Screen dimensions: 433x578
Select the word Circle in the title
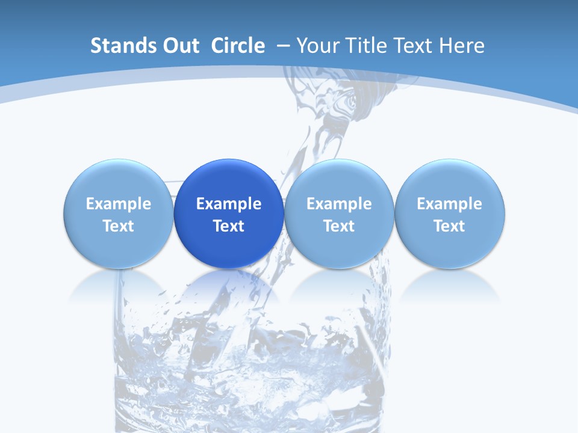(238, 46)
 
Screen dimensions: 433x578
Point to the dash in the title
(284, 46)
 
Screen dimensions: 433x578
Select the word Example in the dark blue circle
(229, 204)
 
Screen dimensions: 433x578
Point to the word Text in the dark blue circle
(229, 226)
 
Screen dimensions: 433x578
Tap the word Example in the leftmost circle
(119, 204)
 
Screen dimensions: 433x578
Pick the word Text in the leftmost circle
(119, 226)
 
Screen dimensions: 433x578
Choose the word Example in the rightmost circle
(450, 204)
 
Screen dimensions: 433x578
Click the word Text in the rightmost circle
(450, 226)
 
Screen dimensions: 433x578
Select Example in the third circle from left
(339, 204)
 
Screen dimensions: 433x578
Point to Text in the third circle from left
(339, 226)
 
